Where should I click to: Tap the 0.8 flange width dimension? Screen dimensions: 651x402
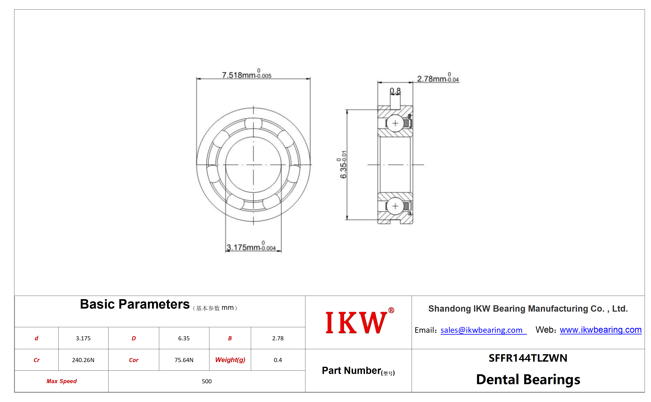click(395, 91)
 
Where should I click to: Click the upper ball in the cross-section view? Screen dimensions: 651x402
click(395, 123)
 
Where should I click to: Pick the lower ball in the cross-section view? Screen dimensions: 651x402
click(395, 206)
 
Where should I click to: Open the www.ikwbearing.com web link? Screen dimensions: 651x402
click(600, 330)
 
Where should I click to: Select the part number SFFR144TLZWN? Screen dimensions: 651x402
click(528, 358)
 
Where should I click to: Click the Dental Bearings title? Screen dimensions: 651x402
click(528, 379)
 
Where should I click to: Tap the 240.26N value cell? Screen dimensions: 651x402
click(83, 360)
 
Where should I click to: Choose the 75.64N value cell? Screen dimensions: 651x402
click(184, 360)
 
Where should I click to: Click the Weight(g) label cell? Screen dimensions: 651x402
click(230, 360)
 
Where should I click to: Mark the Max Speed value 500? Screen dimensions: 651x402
click(207, 381)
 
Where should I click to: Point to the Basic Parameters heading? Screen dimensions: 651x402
click(135, 304)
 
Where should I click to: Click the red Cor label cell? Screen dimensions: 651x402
click(134, 360)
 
